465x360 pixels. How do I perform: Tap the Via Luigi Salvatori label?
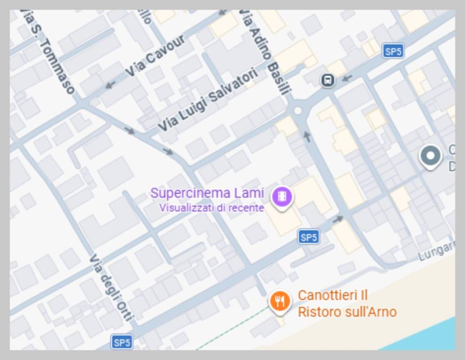tap(208, 100)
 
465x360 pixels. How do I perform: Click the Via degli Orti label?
tap(112, 287)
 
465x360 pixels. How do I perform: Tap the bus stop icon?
tap(328, 80)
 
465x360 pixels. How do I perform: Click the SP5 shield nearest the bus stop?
tap(393, 51)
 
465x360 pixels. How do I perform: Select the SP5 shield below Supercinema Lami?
tap(308, 237)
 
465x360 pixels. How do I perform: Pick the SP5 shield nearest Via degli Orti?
tap(122, 342)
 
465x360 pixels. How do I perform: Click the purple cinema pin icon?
tap(282, 196)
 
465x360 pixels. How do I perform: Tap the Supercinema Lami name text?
tap(207, 193)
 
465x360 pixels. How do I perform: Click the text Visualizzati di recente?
tap(211, 208)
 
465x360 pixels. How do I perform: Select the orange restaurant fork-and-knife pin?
tap(280, 300)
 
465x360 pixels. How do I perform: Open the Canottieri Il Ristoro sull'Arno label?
tap(347, 304)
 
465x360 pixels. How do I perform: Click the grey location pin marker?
tap(430, 156)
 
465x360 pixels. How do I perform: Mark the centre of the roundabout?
tap(297, 111)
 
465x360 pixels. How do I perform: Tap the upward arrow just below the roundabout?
tap(307, 136)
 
